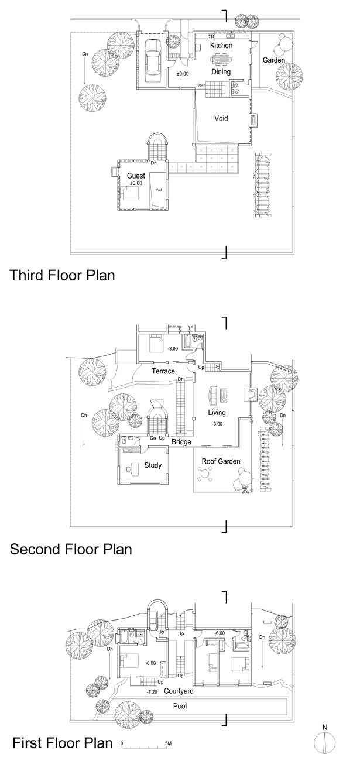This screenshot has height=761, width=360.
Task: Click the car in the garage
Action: click(x=152, y=61)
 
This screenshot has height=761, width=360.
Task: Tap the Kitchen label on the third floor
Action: click(x=221, y=45)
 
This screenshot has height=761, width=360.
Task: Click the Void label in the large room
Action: click(x=221, y=118)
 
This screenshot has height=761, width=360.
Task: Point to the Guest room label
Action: click(x=136, y=176)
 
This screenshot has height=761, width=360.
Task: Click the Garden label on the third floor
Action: click(x=274, y=60)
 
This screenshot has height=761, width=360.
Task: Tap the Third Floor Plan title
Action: click(x=62, y=275)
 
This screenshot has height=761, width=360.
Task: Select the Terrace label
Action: click(x=163, y=371)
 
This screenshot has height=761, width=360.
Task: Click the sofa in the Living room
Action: click(x=213, y=396)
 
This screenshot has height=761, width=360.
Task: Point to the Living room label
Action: click(x=217, y=413)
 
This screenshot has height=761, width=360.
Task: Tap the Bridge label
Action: click(x=181, y=442)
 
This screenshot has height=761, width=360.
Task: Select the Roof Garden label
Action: click(x=221, y=461)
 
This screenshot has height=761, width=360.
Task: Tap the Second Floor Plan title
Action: click(x=71, y=549)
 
